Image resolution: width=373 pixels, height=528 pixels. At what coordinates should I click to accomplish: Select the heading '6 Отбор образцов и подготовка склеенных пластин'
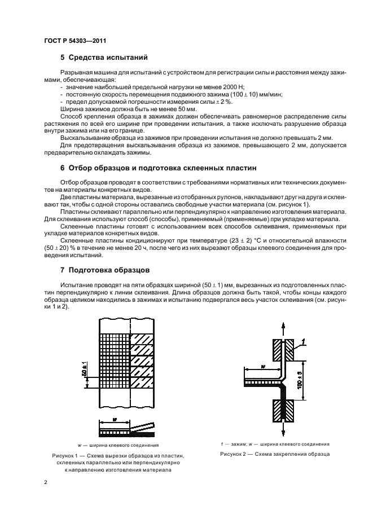pyautogui.click(x=159, y=168)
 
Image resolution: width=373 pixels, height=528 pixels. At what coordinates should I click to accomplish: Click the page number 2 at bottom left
pyautogui.click(x=46, y=482)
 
